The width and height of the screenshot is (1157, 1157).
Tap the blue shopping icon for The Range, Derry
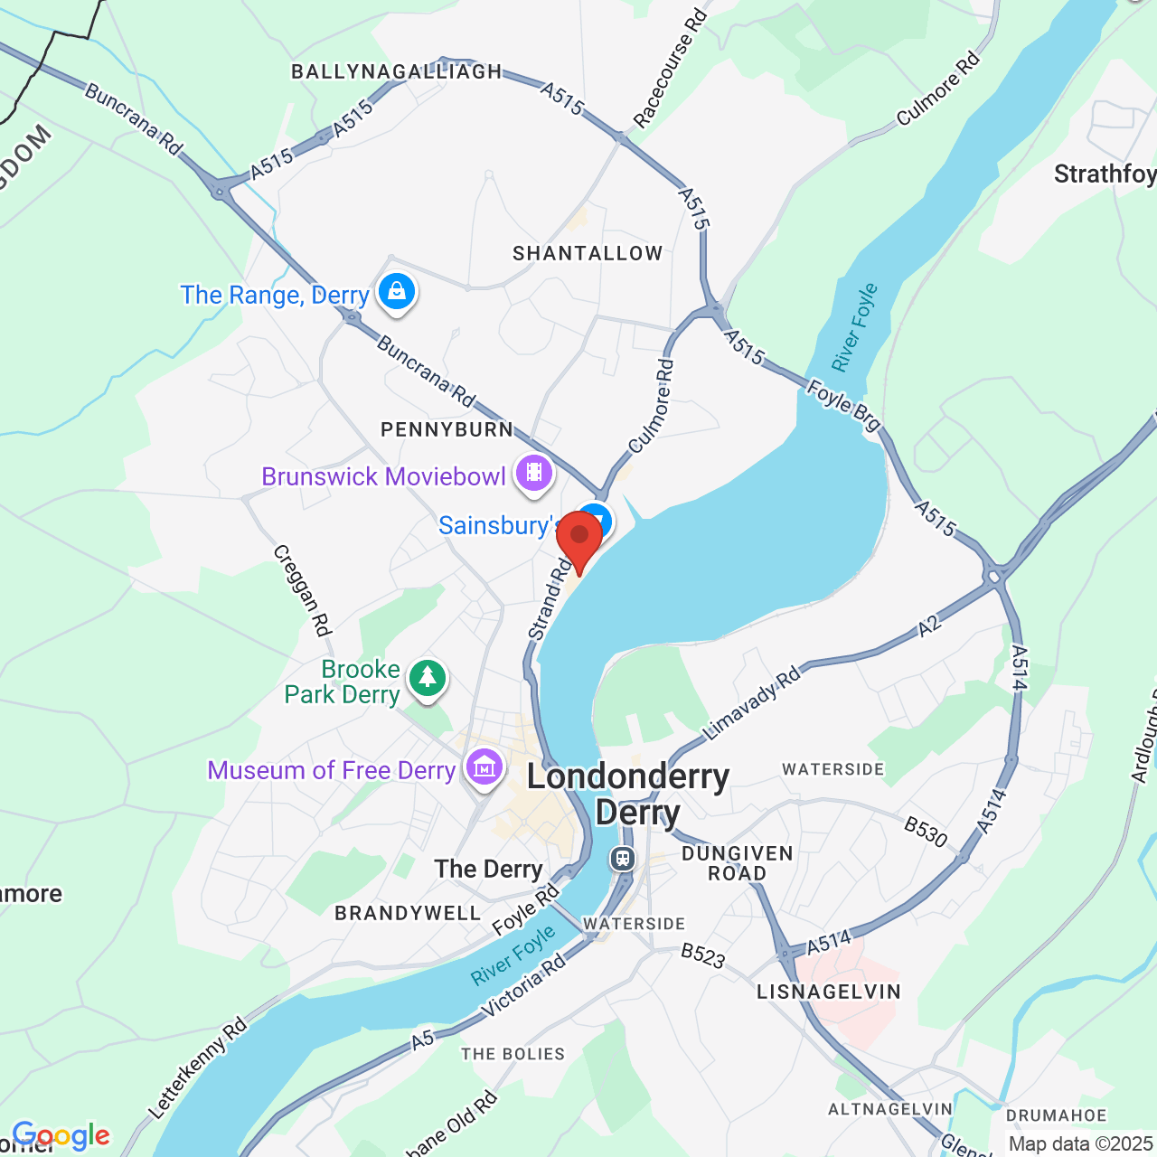(x=396, y=292)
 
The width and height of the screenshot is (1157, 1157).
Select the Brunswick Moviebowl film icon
(x=533, y=473)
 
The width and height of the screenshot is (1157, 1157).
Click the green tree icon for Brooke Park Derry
(x=427, y=678)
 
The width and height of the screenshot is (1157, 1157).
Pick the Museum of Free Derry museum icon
(x=484, y=768)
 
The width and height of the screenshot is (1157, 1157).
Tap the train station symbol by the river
(x=622, y=858)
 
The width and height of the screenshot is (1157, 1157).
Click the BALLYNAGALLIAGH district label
(x=396, y=72)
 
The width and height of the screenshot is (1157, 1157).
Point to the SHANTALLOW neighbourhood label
(x=588, y=254)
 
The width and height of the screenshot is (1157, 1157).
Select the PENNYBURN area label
(x=447, y=429)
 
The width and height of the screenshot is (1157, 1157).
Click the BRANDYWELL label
(x=408, y=913)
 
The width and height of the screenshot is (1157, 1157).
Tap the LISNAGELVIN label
(x=829, y=992)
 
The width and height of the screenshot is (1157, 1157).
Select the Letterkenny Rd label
(x=197, y=1068)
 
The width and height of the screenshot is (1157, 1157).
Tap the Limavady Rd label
(x=752, y=703)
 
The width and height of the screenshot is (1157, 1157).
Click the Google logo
(x=61, y=1135)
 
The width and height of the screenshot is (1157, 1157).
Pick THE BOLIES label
(x=513, y=1054)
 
